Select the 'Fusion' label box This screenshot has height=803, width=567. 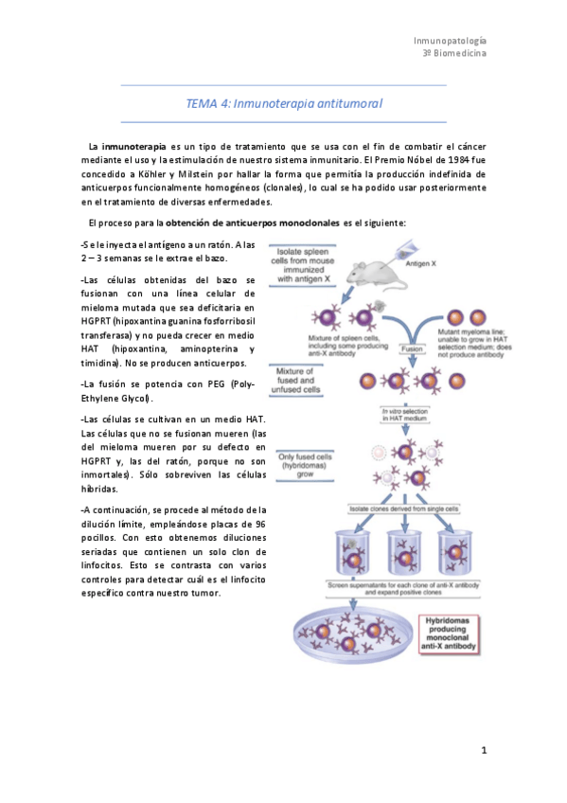click(x=412, y=348)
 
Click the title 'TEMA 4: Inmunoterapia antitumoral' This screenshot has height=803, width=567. click(x=284, y=104)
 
